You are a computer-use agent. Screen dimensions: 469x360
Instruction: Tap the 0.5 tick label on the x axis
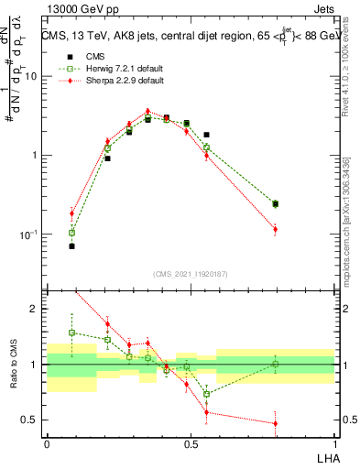(x=191, y=443)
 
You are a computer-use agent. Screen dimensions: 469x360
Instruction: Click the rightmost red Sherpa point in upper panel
(x=275, y=229)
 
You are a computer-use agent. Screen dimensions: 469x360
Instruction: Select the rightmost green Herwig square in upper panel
(x=275, y=203)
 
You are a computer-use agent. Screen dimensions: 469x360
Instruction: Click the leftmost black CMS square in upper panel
(x=72, y=246)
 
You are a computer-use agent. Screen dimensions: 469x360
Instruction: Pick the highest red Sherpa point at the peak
(x=147, y=112)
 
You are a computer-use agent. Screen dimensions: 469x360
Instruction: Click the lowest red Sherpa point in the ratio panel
(x=275, y=423)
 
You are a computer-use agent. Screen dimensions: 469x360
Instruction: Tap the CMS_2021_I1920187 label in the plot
(x=191, y=273)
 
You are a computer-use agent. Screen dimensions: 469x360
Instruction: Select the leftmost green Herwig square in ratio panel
(x=72, y=333)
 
